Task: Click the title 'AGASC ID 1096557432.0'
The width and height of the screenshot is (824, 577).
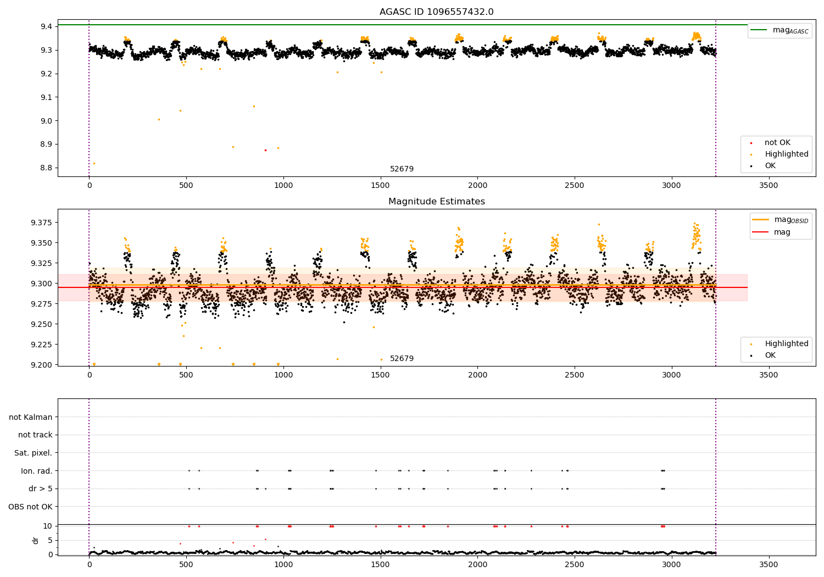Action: (436, 12)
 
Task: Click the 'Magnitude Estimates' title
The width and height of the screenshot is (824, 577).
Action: (436, 202)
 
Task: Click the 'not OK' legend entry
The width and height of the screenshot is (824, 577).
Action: (777, 143)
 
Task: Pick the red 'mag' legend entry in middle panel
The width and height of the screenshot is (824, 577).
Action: (782, 232)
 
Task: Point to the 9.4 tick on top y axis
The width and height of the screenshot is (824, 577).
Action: (46, 26)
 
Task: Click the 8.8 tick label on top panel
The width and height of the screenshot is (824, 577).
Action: (46, 168)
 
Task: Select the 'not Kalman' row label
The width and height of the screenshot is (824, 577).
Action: (31, 417)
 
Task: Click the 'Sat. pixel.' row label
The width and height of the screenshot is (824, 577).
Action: (33, 453)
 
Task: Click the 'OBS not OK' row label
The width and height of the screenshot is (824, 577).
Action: (30, 507)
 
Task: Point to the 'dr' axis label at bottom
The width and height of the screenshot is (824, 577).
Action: (36, 540)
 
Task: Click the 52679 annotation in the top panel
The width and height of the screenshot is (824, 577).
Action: (402, 169)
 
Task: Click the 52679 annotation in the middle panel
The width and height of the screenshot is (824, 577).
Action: (402, 359)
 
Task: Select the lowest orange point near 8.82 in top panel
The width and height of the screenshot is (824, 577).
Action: (94, 163)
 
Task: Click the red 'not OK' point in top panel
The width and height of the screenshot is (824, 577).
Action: (265, 150)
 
